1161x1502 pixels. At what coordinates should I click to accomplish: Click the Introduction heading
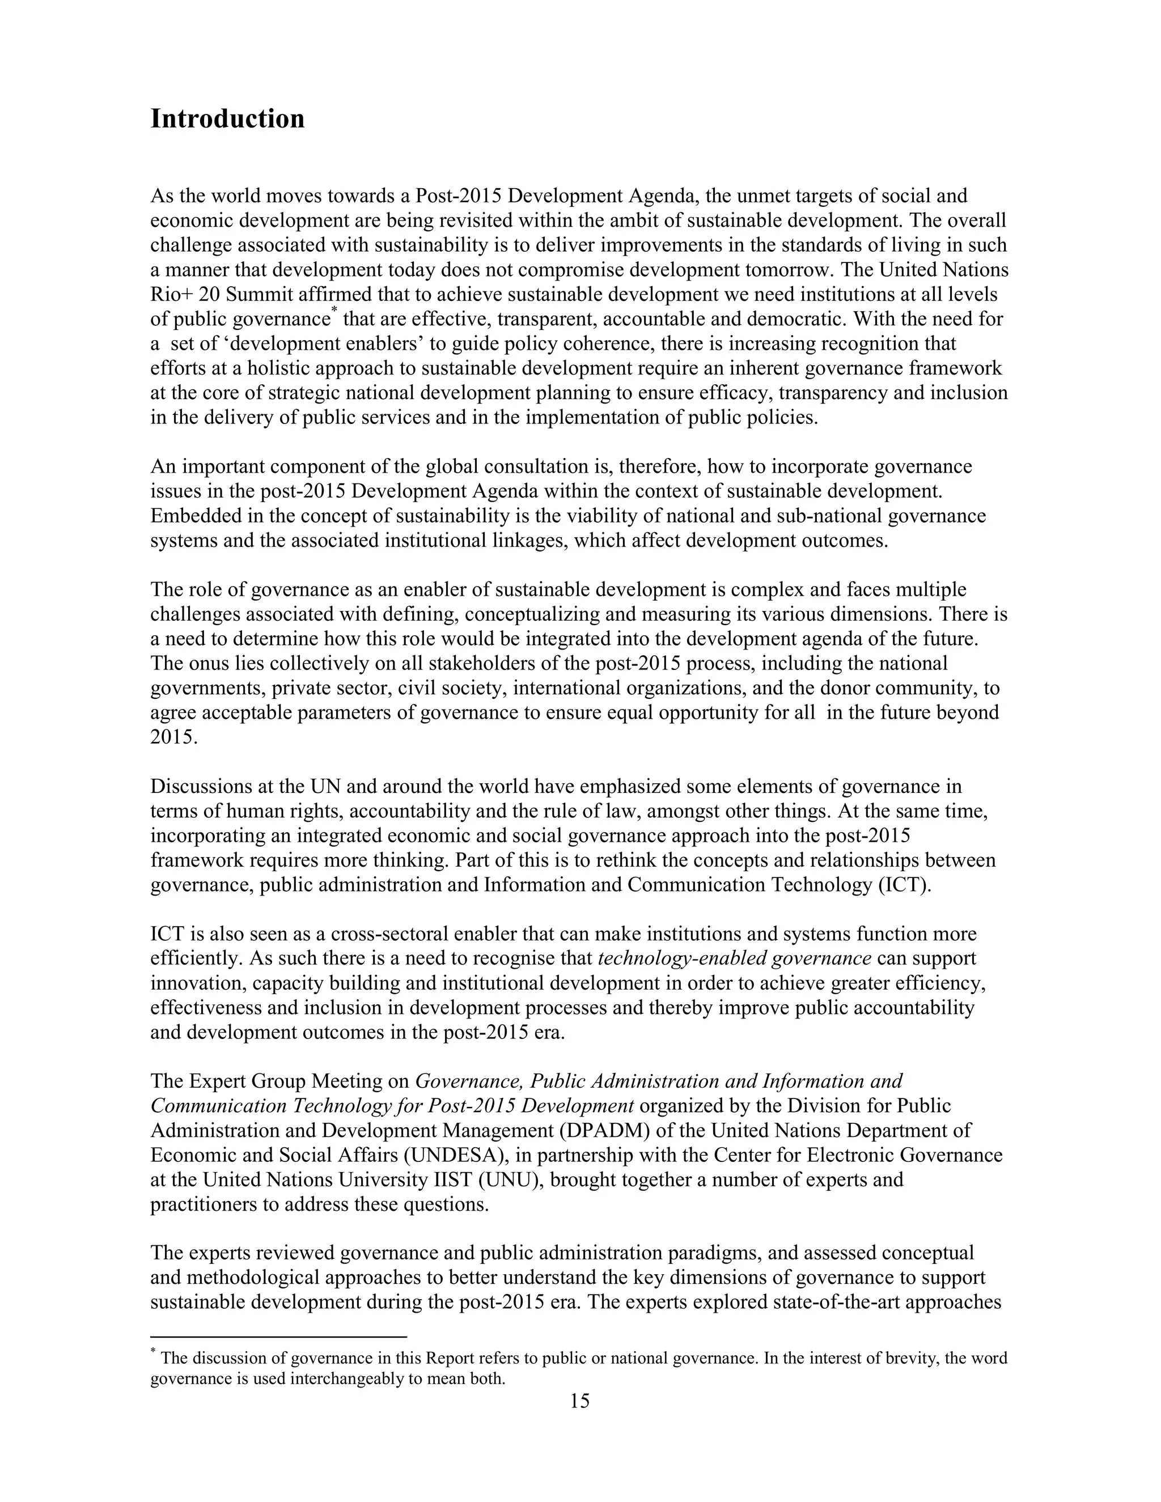227,118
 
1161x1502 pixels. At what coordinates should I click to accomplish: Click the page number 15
579,1401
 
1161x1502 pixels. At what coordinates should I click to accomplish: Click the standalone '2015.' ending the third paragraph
174,737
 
